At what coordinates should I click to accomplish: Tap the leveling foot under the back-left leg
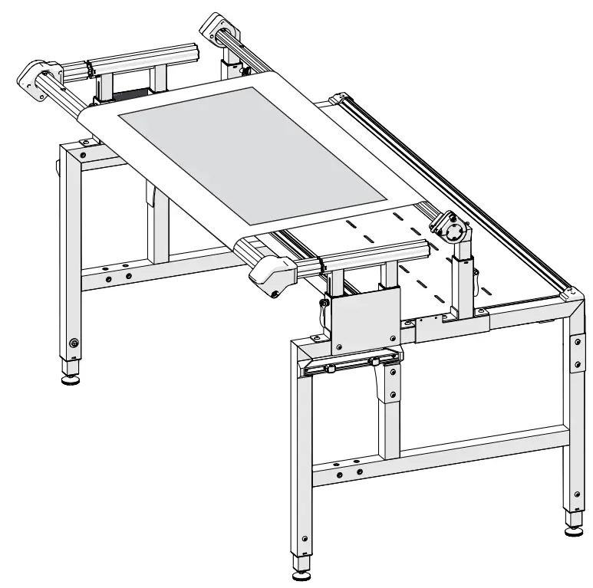(70, 378)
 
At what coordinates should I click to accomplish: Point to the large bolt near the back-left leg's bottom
(74, 343)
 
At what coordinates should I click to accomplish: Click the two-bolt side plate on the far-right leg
(576, 349)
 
